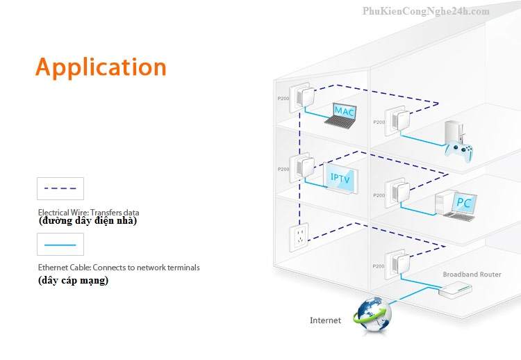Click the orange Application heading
pos(101,67)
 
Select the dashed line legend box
pos(60,188)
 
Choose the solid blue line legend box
pos(60,245)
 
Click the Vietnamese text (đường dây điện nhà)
pos(88,221)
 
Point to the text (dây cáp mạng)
pos(73,281)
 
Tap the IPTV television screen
pos(341,179)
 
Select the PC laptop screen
pos(463,202)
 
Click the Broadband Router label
pos(472,275)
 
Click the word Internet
pos(325,320)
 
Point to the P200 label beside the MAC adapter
pos(282,99)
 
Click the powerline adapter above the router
pos(396,264)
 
